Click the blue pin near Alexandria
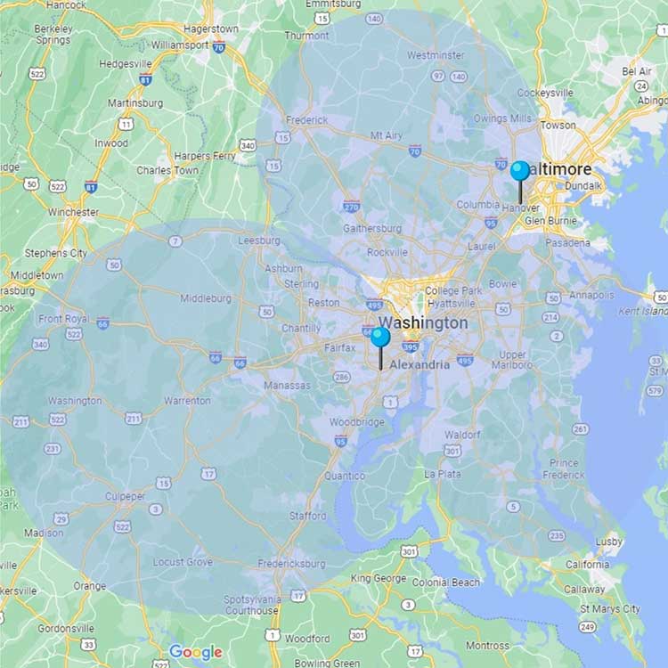click(x=380, y=337)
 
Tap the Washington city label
click(x=422, y=322)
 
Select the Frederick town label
click(x=307, y=119)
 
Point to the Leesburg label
click(x=259, y=240)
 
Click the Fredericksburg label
click(x=291, y=564)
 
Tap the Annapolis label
click(x=591, y=295)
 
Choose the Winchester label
click(x=73, y=212)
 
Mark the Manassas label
click(x=288, y=386)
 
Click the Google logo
click(x=195, y=652)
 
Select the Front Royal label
click(x=64, y=319)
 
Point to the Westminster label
click(x=436, y=55)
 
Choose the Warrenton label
click(x=186, y=401)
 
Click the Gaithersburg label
click(x=371, y=228)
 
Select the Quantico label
click(x=345, y=476)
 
